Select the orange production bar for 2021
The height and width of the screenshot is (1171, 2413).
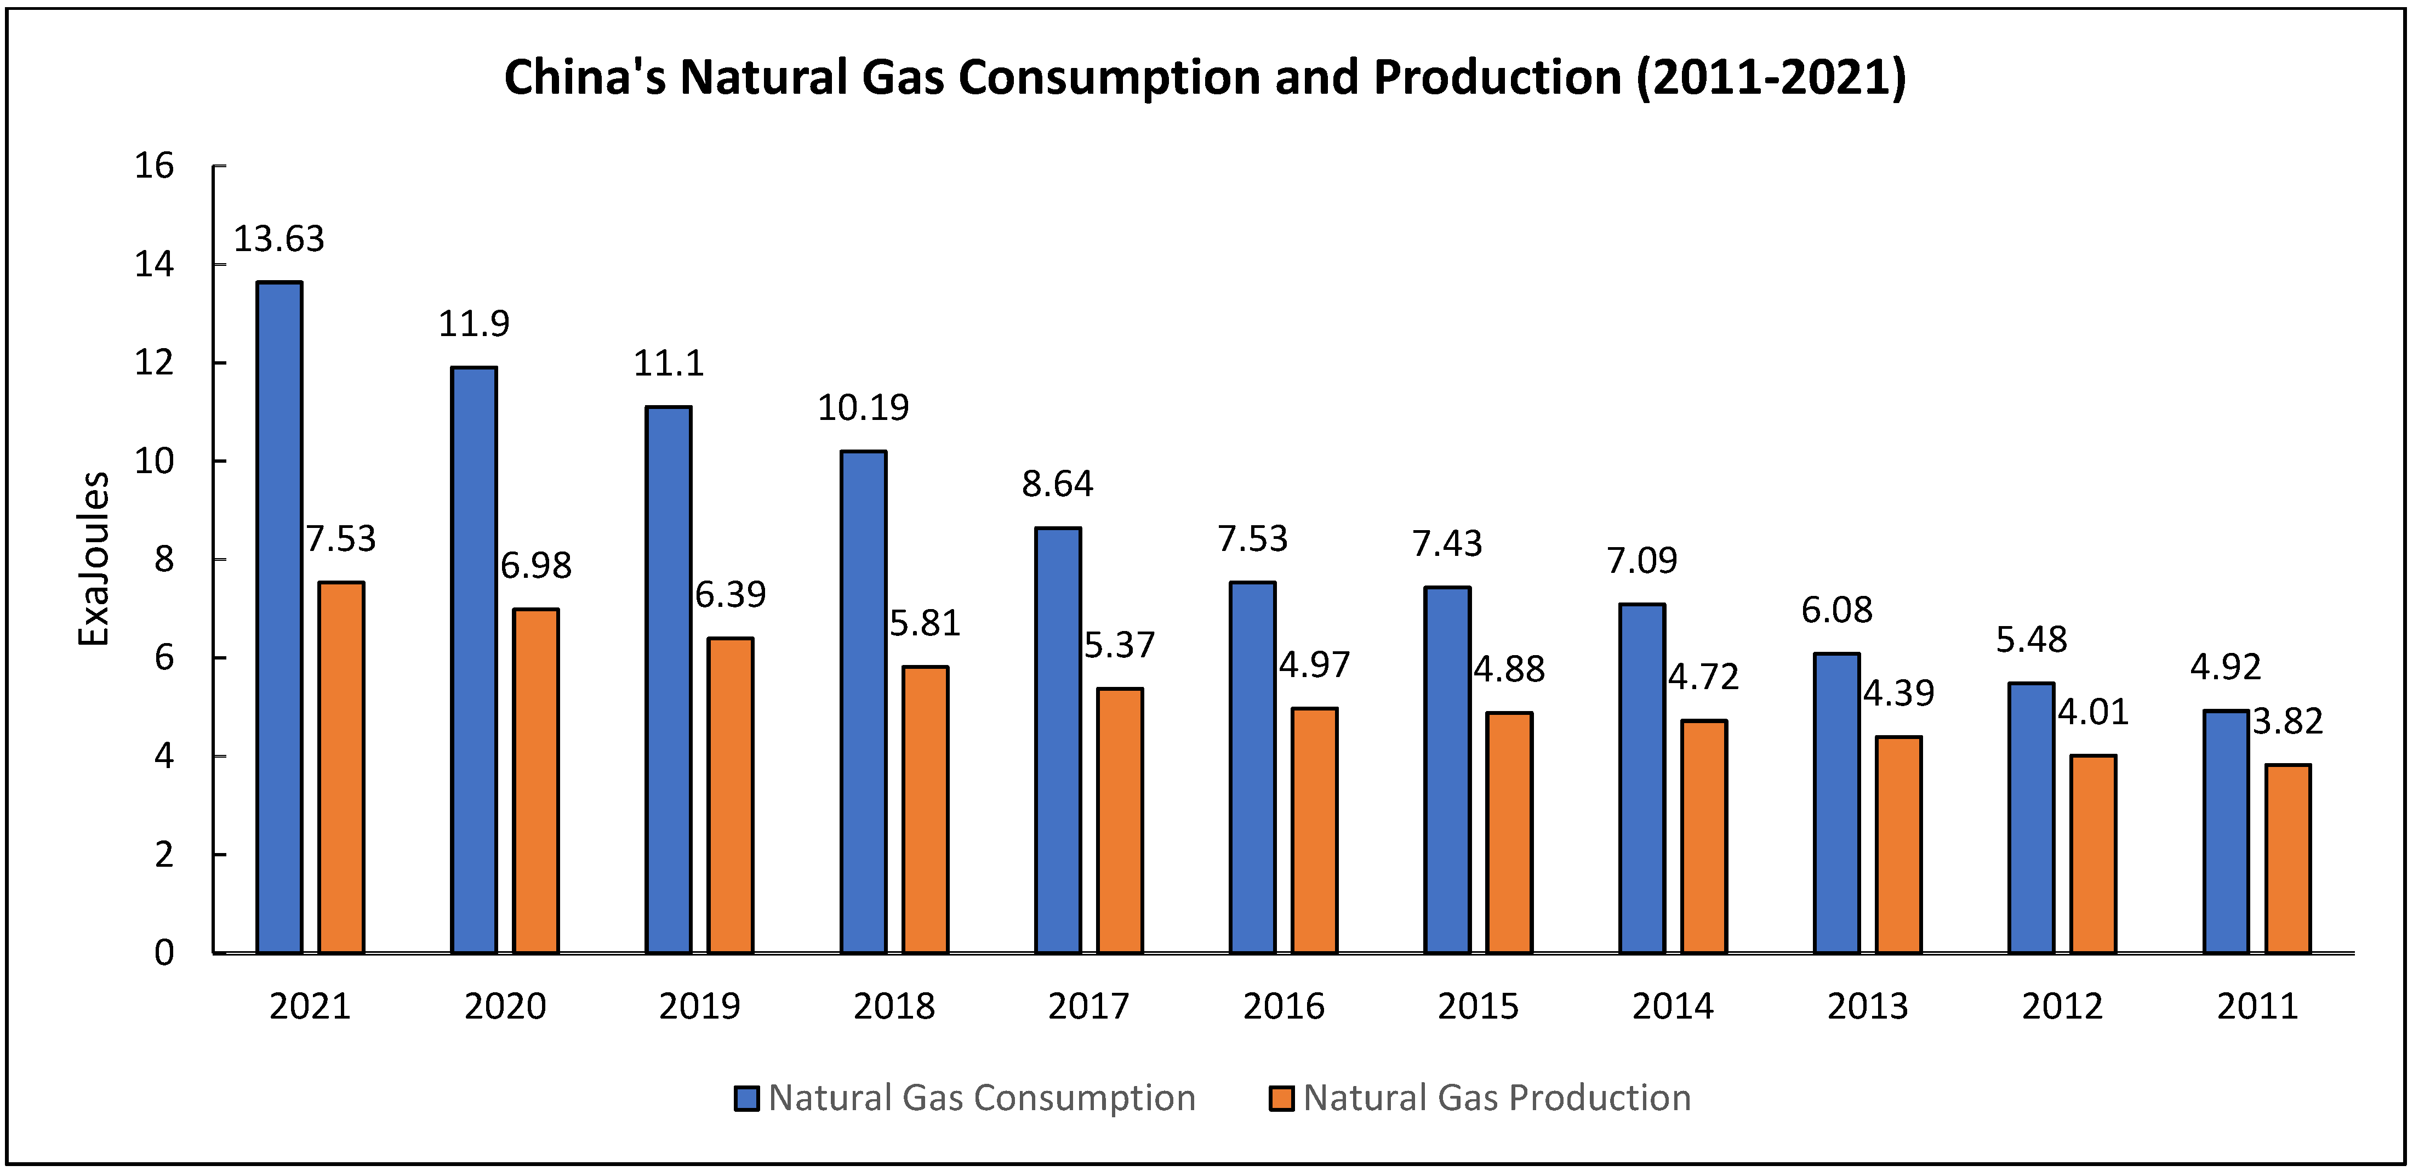(341, 768)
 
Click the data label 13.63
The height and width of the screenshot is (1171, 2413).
(278, 239)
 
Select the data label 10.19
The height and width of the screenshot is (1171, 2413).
(863, 407)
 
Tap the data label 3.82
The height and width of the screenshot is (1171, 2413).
(2287, 721)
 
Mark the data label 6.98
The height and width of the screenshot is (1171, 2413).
(536, 565)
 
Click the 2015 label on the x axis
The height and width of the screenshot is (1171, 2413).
(1478, 1006)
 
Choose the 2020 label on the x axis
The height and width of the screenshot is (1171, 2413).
(505, 1006)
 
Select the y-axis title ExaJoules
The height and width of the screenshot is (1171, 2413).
(94, 559)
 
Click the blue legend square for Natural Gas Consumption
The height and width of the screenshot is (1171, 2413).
(746, 1098)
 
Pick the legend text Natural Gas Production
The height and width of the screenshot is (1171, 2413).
(1496, 1098)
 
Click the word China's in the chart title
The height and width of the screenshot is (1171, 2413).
(585, 77)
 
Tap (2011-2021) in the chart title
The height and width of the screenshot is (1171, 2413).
(1770, 77)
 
